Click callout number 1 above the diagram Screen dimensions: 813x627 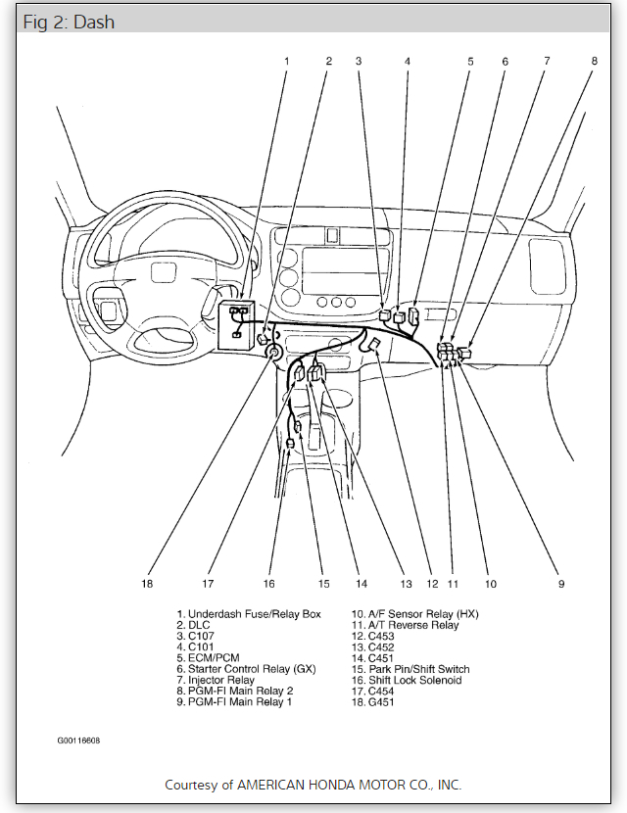point(287,61)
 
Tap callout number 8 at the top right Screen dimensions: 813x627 point(593,61)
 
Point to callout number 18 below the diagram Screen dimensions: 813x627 point(147,584)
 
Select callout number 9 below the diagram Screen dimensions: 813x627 point(561,584)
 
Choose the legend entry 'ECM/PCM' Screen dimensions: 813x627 point(214,657)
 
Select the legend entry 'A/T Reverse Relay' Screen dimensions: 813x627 point(412,625)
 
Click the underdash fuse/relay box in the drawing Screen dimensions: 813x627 point(237,322)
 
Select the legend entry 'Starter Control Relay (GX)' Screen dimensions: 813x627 point(257,669)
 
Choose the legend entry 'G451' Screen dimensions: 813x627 point(382,701)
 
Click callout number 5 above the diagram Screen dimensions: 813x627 point(470,61)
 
